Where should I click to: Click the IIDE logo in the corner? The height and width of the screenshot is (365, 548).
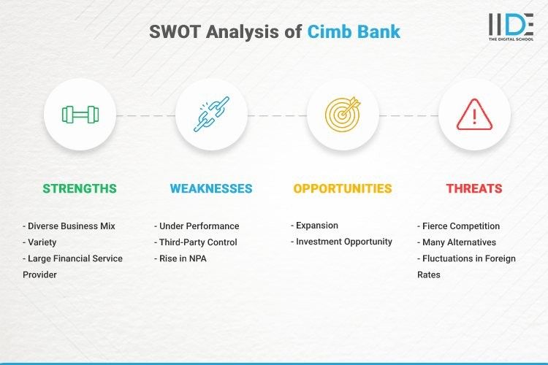(511, 28)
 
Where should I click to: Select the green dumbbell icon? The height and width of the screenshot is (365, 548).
(80, 115)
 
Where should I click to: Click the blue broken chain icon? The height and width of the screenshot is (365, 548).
(211, 115)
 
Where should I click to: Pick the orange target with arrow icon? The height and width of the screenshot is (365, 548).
(343, 115)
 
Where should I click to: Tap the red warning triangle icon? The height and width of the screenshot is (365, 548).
(474, 115)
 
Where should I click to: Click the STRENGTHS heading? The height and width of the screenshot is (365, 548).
(80, 188)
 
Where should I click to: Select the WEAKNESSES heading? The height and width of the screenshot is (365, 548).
(211, 188)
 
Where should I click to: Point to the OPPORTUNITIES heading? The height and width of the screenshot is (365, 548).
(343, 188)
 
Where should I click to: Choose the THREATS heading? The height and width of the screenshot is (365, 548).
(474, 188)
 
